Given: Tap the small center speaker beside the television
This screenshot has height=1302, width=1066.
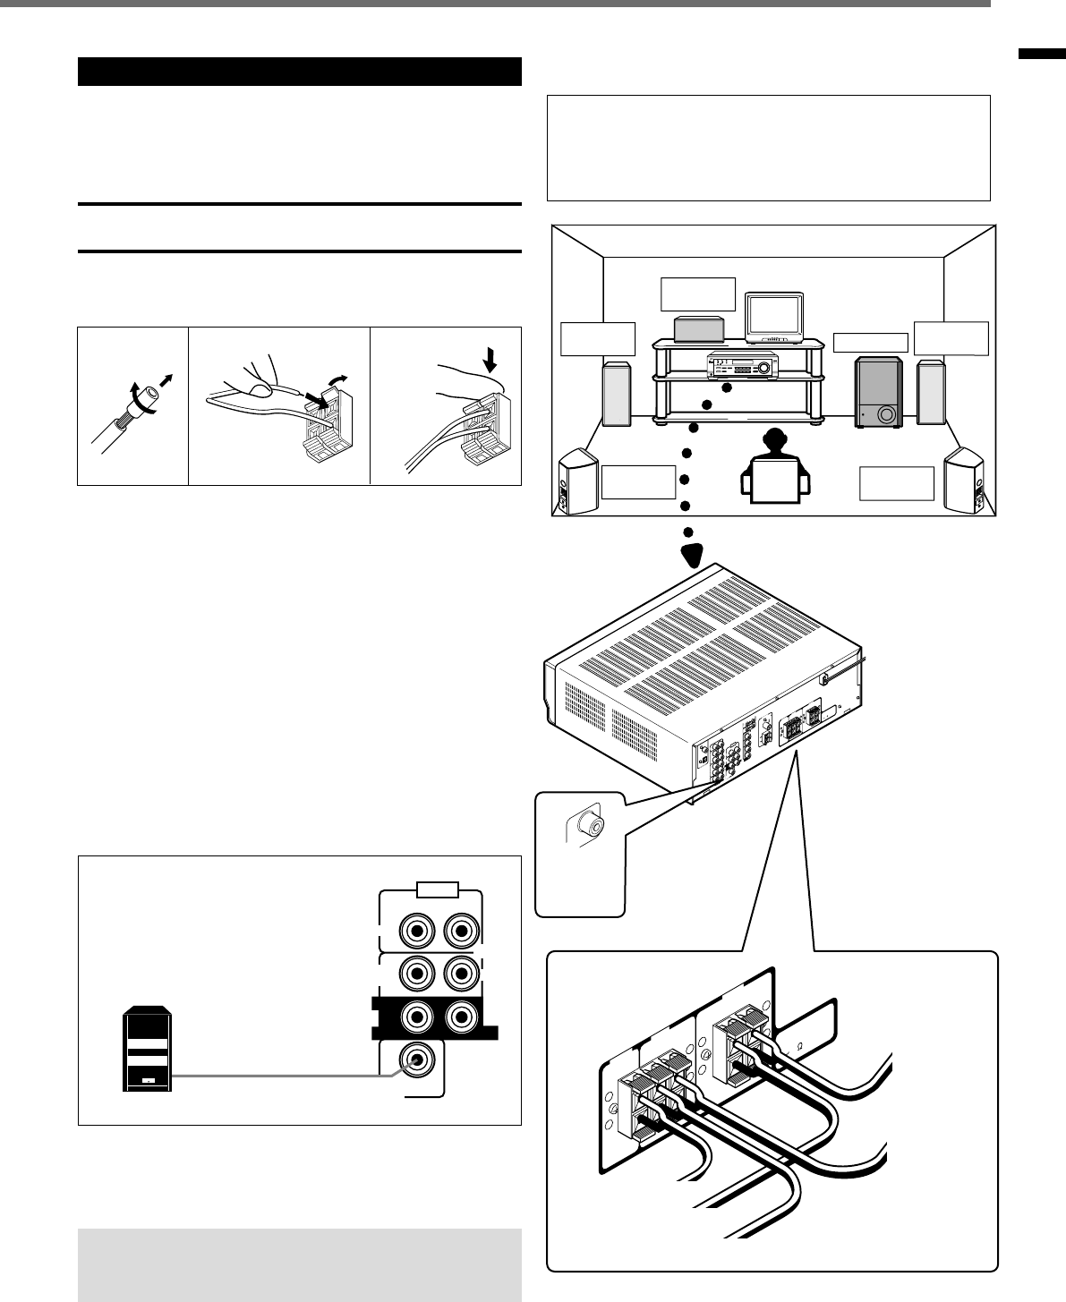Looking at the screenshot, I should (698, 328).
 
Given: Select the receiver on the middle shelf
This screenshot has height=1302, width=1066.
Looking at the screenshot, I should (741, 364).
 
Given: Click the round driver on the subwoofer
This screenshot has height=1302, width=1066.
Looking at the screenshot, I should (886, 414).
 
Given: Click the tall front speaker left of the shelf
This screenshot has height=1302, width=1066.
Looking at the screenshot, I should (617, 392).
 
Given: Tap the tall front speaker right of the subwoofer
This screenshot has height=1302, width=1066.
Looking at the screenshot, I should (931, 392).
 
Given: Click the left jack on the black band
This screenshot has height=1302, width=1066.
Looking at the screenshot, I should (417, 1017).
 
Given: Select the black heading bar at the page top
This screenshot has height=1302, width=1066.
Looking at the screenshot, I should (300, 72).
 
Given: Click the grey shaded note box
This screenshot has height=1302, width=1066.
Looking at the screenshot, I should (300, 1264).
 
